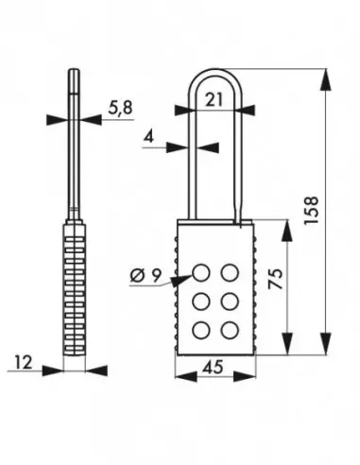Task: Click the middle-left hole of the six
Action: (x=202, y=301)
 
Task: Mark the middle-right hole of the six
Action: (x=230, y=301)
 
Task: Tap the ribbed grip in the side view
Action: (x=77, y=288)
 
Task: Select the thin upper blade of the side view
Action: (x=76, y=142)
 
